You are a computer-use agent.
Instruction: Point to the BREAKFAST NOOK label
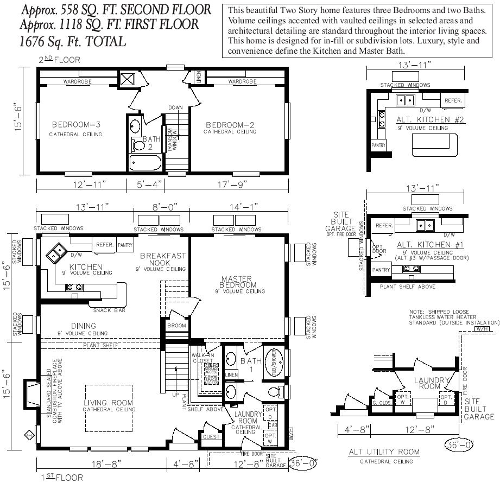pos(163,259)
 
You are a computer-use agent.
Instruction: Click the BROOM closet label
pos(176,326)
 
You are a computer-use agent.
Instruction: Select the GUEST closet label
pos(211,436)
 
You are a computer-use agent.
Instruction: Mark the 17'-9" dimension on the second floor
pos(232,185)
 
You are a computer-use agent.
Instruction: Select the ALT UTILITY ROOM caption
pos(384,452)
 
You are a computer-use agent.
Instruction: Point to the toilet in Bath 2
pos(136,144)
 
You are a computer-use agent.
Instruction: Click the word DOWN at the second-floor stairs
pos(175,107)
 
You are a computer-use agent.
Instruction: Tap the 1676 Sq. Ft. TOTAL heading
pos(72,41)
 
